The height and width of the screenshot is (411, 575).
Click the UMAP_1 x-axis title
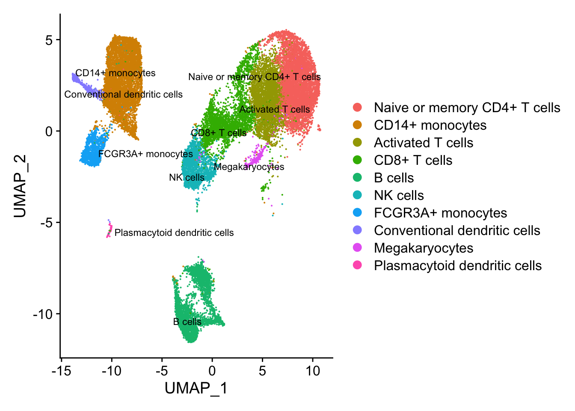[196, 388]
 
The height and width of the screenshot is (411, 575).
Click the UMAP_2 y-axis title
[20, 186]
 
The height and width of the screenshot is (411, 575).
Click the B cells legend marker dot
[357, 178]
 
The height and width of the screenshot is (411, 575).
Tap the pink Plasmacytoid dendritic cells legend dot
[357, 265]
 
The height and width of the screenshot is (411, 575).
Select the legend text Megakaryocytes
[423, 248]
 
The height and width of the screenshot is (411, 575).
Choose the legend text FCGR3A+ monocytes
[440, 213]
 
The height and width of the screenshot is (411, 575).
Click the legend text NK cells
[399, 195]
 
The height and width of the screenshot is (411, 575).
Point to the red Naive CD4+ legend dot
[357, 107]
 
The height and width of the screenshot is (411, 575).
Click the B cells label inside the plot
[187, 322]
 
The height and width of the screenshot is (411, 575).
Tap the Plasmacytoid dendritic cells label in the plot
[174, 233]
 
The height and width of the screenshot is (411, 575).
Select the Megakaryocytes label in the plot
[249, 167]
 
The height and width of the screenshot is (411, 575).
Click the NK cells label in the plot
[187, 177]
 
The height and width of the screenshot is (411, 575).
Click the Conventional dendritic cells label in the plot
[123, 94]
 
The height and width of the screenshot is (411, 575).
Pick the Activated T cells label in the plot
[274, 110]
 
